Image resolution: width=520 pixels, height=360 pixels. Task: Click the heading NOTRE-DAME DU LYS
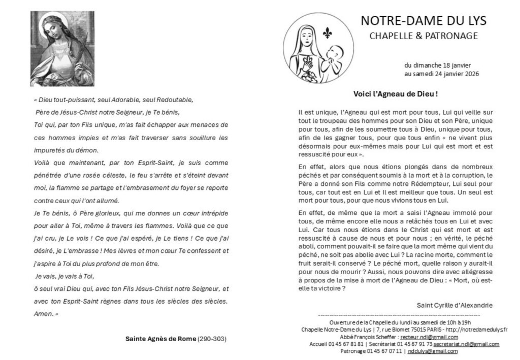[423, 21]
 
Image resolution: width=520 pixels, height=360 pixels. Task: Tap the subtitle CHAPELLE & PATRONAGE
[423, 36]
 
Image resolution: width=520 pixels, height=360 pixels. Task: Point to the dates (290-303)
[212, 339]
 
